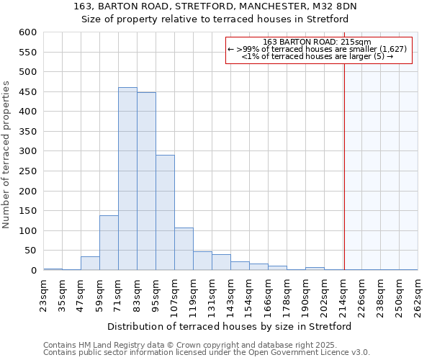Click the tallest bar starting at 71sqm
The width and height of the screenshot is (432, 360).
click(x=127, y=179)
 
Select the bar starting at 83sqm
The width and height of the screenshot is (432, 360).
click(x=146, y=181)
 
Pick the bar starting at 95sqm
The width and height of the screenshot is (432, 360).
click(x=165, y=212)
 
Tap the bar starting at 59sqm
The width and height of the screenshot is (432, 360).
click(x=109, y=243)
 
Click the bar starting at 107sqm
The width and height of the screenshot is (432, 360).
click(x=184, y=249)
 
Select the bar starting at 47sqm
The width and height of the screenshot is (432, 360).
click(x=90, y=264)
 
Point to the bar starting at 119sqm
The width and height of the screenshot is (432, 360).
click(x=202, y=261)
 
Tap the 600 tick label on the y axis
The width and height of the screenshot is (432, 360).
click(x=28, y=32)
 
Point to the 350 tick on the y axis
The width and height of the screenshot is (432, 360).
click(x=28, y=132)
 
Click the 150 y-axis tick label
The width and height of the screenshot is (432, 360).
click(x=28, y=211)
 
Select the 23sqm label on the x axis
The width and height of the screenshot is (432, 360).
click(x=43, y=292)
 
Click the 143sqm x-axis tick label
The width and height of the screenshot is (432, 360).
click(x=230, y=294)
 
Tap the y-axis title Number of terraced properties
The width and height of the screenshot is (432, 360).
click(x=7, y=155)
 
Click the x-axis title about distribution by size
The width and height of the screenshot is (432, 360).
click(x=230, y=326)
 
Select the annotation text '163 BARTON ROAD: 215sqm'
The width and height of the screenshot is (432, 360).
click(x=318, y=42)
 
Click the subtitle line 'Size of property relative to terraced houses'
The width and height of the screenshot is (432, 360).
click(x=217, y=19)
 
